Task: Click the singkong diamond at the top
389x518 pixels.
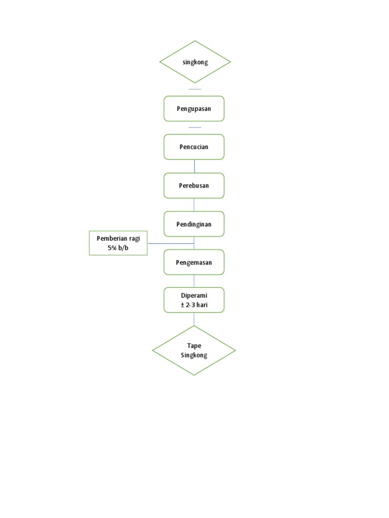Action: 195,62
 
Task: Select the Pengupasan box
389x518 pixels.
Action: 194,109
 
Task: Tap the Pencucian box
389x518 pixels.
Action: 194,147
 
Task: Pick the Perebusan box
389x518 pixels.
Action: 194,186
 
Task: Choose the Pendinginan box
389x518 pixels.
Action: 194,224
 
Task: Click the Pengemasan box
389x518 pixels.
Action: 194,262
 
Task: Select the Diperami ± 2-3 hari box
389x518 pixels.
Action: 194,300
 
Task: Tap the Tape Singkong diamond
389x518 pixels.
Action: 194,351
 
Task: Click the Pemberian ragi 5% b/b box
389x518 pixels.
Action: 118,243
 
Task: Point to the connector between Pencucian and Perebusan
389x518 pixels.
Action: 194,166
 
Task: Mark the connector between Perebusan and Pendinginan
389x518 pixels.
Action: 194,205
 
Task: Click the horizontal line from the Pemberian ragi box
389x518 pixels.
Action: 171,243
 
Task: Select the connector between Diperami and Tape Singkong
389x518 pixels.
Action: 194,319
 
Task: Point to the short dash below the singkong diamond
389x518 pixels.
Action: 194,89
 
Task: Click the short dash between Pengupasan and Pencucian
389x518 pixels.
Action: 194,127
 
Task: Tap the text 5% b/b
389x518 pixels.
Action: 118,248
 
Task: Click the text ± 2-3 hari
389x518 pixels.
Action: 194,305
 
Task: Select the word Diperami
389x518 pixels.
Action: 194,295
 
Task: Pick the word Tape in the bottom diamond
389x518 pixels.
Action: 194,346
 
